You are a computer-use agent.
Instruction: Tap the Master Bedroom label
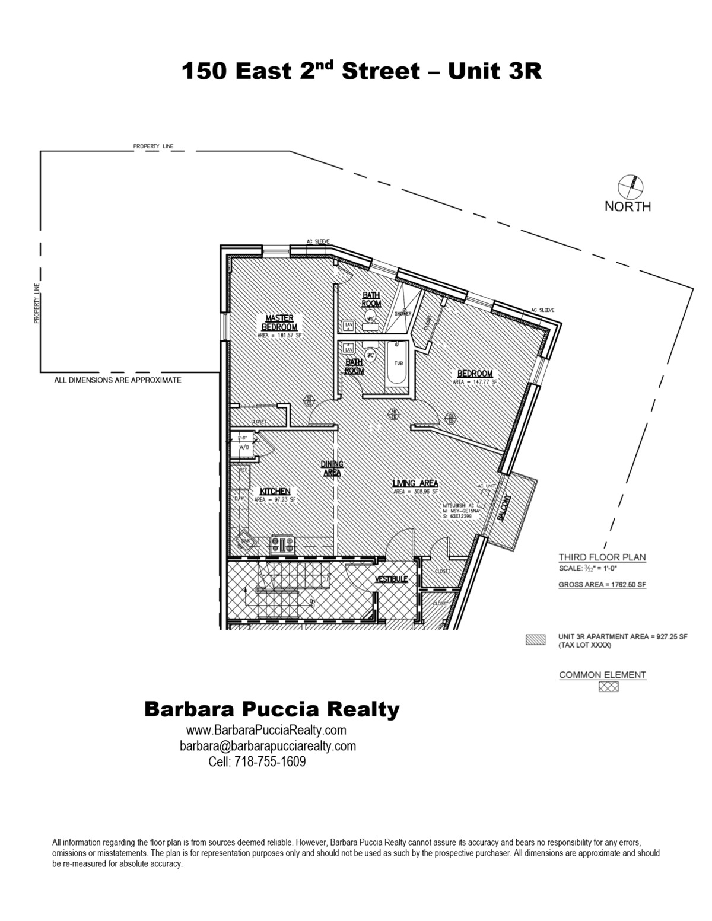tap(279, 323)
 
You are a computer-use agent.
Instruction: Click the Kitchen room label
tap(275, 492)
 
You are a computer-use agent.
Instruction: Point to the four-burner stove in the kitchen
tap(282, 543)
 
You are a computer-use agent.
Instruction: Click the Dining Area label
tap(332, 469)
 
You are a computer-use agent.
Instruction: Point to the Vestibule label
tap(391, 579)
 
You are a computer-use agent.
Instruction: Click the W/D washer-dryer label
tap(244, 448)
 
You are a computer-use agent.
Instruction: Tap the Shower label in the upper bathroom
tap(404, 314)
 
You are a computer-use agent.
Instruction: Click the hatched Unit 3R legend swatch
tap(536, 640)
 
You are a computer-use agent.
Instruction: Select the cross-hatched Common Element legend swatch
tap(608, 687)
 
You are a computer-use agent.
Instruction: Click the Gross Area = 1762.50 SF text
tap(602, 585)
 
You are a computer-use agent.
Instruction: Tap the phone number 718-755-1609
tap(271, 761)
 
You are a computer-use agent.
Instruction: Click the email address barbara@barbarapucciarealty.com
tap(268, 746)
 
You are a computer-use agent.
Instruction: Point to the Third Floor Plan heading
tap(602, 557)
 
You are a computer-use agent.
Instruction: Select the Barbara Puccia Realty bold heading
tap(272, 709)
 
